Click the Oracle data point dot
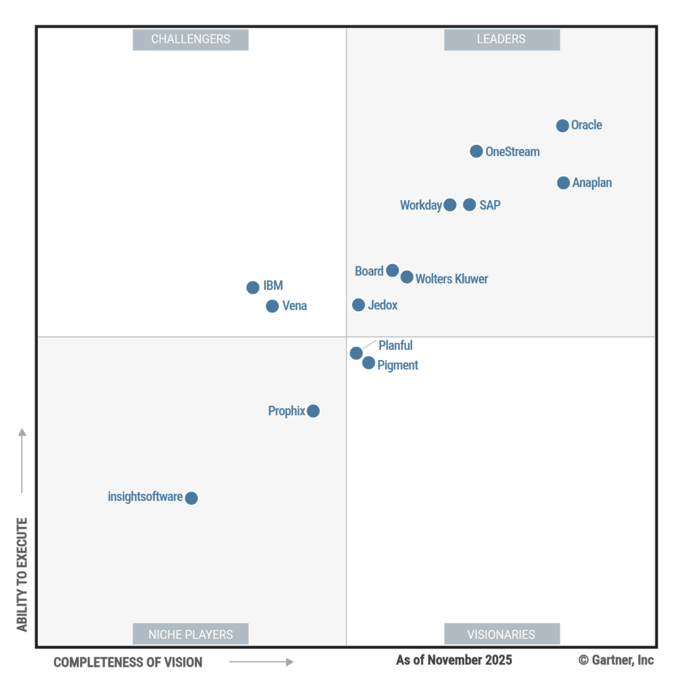tap(562, 126)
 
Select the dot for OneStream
tap(476, 152)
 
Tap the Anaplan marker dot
tap(563, 183)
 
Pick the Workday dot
tap(450, 205)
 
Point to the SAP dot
tap(469, 205)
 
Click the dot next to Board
tap(393, 271)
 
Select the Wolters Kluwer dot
tap(407, 277)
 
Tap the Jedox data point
tap(359, 305)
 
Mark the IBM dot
tap(253, 287)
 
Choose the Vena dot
tap(272, 306)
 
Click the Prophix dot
tap(313, 411)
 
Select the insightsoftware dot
tap(192, 498)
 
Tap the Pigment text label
tap(398, 365)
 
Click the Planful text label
tap(395, 345)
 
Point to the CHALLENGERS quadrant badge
tap(191, 39)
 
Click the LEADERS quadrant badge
tap(502, 39)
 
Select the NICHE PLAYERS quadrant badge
tap(191, 634)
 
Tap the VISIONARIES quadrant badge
tap(502, 634)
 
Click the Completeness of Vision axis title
tap(128, 662)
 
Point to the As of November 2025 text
tap(454, 660)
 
